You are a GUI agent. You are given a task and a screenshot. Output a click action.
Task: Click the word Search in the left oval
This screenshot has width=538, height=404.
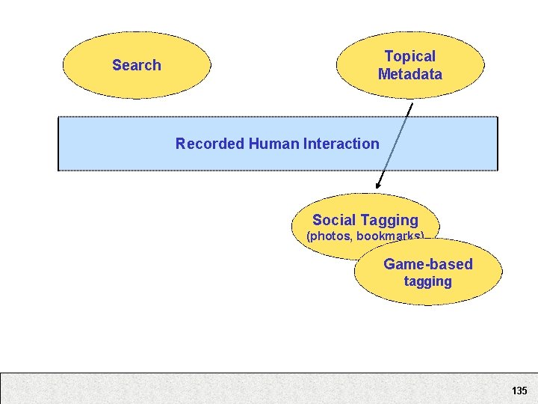(x=136, y=65)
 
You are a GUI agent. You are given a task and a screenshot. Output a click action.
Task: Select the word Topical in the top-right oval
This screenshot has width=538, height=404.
(x=409, y=56)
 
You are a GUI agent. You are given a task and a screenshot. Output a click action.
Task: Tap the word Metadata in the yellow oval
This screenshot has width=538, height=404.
(x=409, y=74)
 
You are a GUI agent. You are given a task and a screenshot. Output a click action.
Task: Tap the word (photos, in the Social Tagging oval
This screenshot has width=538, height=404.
(x=329, y=236)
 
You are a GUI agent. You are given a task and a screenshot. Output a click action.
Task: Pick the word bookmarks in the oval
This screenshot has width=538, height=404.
(x=389, y=236)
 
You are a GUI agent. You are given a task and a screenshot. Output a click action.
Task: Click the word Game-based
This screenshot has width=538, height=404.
(x=428, y=264)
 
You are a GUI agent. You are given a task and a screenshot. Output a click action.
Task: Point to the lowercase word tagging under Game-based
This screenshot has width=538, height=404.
(x=428, y=282)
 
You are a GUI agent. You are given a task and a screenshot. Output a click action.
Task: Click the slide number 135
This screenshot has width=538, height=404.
(x=519, y=391)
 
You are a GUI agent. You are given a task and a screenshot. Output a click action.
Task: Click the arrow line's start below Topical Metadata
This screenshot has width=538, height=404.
(x=412, y=104)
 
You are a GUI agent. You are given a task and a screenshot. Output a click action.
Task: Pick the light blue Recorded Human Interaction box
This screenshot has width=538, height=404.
(x=112, y=144)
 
